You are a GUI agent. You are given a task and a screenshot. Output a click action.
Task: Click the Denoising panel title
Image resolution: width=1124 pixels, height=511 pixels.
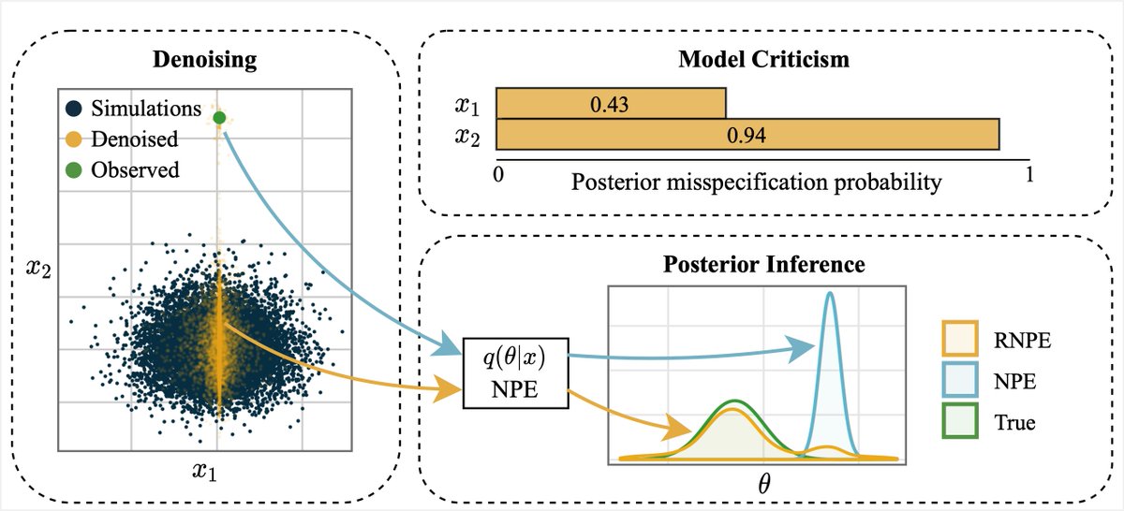click(205, 60)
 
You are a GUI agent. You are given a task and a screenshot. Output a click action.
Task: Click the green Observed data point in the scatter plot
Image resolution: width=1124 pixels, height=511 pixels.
click(219, 118)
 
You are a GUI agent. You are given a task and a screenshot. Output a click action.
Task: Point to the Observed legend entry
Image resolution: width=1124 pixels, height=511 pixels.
click(135, 170)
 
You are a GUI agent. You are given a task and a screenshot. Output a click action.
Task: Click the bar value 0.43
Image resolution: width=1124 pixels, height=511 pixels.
click(609, 103)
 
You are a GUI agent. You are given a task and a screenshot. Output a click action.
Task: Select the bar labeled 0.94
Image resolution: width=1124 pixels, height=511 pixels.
click(747, 136)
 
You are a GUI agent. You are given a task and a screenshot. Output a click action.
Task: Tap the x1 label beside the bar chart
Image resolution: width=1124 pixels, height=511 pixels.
click(471, 102)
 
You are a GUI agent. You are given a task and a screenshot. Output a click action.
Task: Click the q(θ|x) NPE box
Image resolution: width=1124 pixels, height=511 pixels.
click(516, 372)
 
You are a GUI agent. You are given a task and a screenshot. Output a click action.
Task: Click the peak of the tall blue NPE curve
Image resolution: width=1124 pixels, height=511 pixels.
click(829, 294)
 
